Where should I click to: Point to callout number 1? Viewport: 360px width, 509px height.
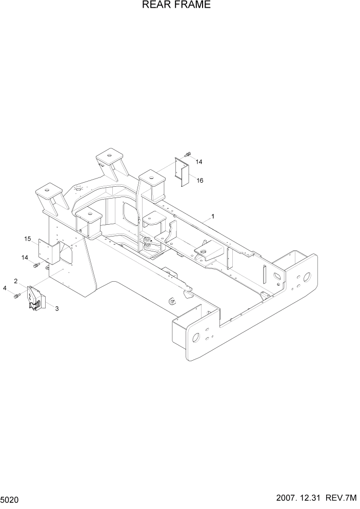point(213,216)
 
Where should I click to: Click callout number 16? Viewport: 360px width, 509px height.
point(199,180)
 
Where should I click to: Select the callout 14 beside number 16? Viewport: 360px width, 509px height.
point(199,162)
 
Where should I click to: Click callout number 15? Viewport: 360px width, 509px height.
point(28,239)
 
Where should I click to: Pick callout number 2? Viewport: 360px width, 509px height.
point(16,281)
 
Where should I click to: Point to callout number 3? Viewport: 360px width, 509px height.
point(56,308)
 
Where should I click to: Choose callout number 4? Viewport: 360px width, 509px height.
point(5,288)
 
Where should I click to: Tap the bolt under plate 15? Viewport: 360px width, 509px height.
point(37,265)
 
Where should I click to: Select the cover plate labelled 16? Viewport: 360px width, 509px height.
point(182,171)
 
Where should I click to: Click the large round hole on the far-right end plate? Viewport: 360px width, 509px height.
point(307,276)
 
